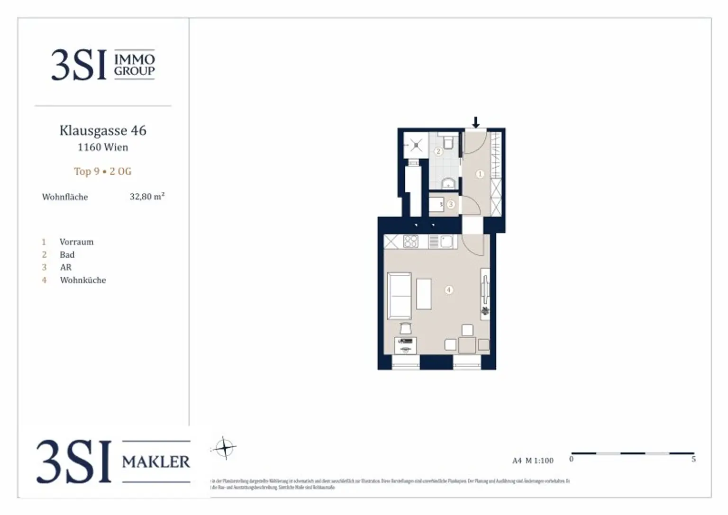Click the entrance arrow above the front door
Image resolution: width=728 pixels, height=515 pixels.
click(x=476, y=122)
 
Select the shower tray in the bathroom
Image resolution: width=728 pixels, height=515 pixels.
click(x=416, y=145)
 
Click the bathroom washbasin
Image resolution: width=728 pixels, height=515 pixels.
click(x=447, y=183)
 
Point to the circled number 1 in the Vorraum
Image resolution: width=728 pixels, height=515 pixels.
click(x=480, y=174)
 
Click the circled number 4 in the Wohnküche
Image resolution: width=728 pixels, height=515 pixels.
click(x=448, y=289)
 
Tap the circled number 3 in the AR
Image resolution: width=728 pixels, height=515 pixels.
click(x=451, y=205)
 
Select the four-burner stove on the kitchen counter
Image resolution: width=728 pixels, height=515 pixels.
click(x=411, y=242)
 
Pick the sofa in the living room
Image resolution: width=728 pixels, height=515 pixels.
click(x=399, y=296)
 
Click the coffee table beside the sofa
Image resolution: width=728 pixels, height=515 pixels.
click(x=424, y=294)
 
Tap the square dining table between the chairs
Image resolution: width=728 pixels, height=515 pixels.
click(x=467, y=344)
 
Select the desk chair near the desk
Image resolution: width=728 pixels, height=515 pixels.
click(x=406, y=328)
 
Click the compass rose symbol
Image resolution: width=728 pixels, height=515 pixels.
click(x=224, y=447)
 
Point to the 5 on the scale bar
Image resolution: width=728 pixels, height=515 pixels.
click(x=693, y=459)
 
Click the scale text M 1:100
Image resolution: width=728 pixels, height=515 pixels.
click(x=539, y=461)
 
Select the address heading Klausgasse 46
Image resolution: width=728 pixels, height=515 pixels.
click(x=103, y=130)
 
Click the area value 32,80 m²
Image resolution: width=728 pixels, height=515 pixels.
click(x=147, y=197)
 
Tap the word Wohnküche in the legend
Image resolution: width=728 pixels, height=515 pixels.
click(x=83, y=280)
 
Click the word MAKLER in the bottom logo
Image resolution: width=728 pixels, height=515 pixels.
click(x=156, y=461)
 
